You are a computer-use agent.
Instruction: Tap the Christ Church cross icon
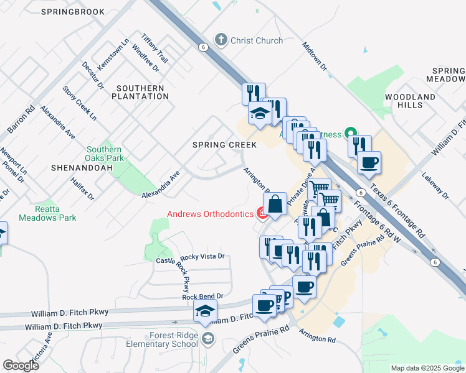tap(220, 40)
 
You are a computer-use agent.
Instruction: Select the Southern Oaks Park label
tap(104, 154)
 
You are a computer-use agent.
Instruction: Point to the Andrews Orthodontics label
tap(211, 214)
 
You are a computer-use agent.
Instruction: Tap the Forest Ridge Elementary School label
tap(166, 340)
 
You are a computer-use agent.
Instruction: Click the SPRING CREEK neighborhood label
tap(224, 145)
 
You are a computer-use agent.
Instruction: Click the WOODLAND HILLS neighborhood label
tap(409, 101)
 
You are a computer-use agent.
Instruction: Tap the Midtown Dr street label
tap(315, 57)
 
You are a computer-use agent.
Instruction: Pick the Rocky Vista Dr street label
tap(202, 256)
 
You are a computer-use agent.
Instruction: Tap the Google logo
tap(21, 366)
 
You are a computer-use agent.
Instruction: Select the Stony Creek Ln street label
tap(80, 103)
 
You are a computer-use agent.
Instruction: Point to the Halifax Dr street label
tap(82, 188)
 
